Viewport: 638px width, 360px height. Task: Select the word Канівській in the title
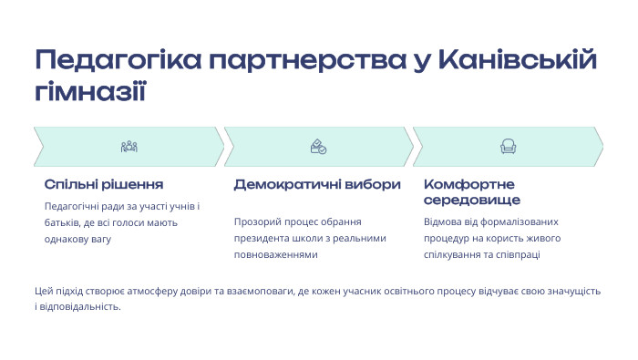[x=518, y=62]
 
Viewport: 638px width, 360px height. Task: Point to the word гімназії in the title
[x=89, y=92]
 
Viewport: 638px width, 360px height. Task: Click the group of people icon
[x=129, y=147]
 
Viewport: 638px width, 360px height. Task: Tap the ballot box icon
[x=318, y=147]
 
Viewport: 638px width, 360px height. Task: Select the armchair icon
[x=508, y=147]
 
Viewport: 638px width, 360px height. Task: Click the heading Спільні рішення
[x=103, y=184]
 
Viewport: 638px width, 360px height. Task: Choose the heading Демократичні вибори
[x=317, y=184]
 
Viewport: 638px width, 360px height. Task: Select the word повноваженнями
[x=275, y=254]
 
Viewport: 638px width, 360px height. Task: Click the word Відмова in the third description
[x=445, y=221]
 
